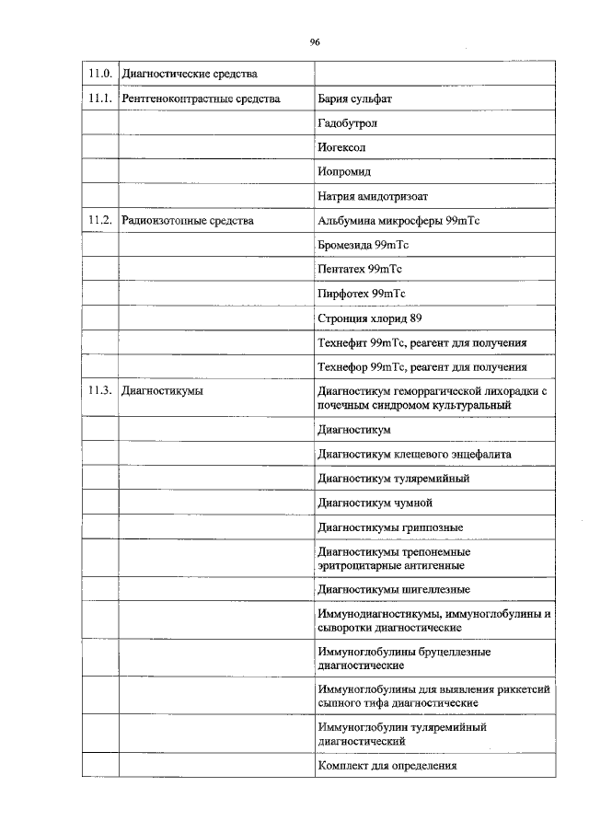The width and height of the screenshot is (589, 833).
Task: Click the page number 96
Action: tap(315, 42)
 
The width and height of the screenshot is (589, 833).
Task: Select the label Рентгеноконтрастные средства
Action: tap(201, 98)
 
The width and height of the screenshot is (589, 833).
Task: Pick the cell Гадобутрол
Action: tap(348, 122)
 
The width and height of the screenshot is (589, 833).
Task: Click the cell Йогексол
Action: tap(344, 147)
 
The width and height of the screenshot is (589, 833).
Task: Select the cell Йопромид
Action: tap(345, 171)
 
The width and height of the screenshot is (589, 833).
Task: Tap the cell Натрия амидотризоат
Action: tap(373, 196)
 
